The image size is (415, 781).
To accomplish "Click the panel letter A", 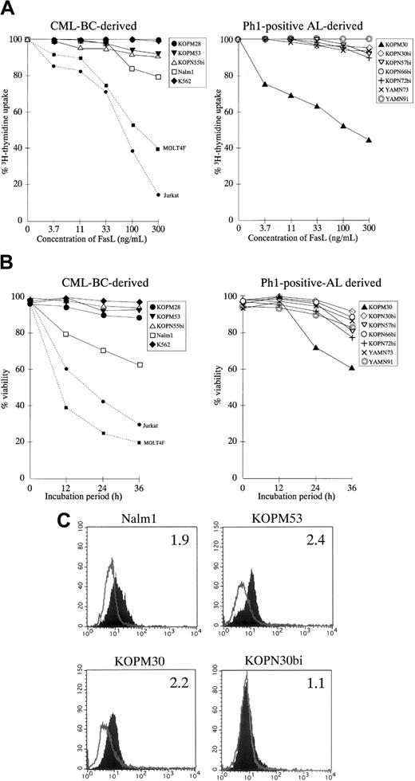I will pos(8,8).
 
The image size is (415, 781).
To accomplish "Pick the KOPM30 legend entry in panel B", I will pos(393,307).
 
